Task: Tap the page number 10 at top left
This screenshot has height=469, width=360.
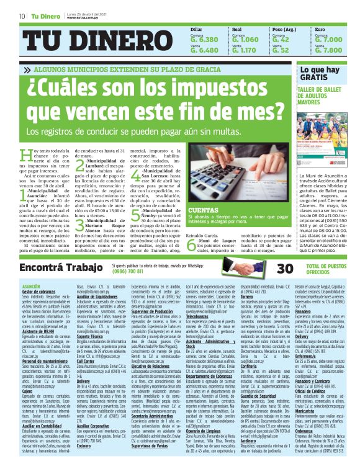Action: point(22,16)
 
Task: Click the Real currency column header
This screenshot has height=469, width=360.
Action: point(236,29)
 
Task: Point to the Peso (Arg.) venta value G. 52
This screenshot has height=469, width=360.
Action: point(281,50)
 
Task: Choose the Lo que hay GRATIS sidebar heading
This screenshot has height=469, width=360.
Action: point(318,74)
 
